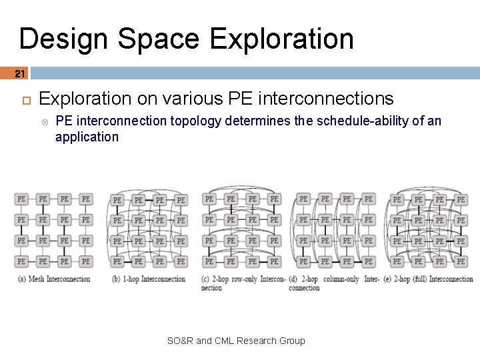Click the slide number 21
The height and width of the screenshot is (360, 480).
(20, 73)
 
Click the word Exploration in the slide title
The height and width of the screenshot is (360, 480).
(281, 39)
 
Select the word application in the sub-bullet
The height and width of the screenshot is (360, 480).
(87, 137)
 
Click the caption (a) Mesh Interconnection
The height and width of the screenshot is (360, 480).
(54, 279)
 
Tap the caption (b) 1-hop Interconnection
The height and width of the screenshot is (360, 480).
(149, 279)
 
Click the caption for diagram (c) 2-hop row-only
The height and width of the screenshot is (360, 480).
(243, 283)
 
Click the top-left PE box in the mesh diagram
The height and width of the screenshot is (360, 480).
(22, 199)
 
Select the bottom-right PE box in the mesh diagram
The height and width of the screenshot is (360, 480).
(86, 261)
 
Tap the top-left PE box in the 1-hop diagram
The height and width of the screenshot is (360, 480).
(117, 199)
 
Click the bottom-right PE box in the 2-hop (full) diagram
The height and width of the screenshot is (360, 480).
(461, 261)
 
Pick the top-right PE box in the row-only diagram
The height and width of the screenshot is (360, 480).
(273, 199)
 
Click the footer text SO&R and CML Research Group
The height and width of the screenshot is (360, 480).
(236, 341)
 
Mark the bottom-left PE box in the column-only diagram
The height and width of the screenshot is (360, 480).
(303, 261)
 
